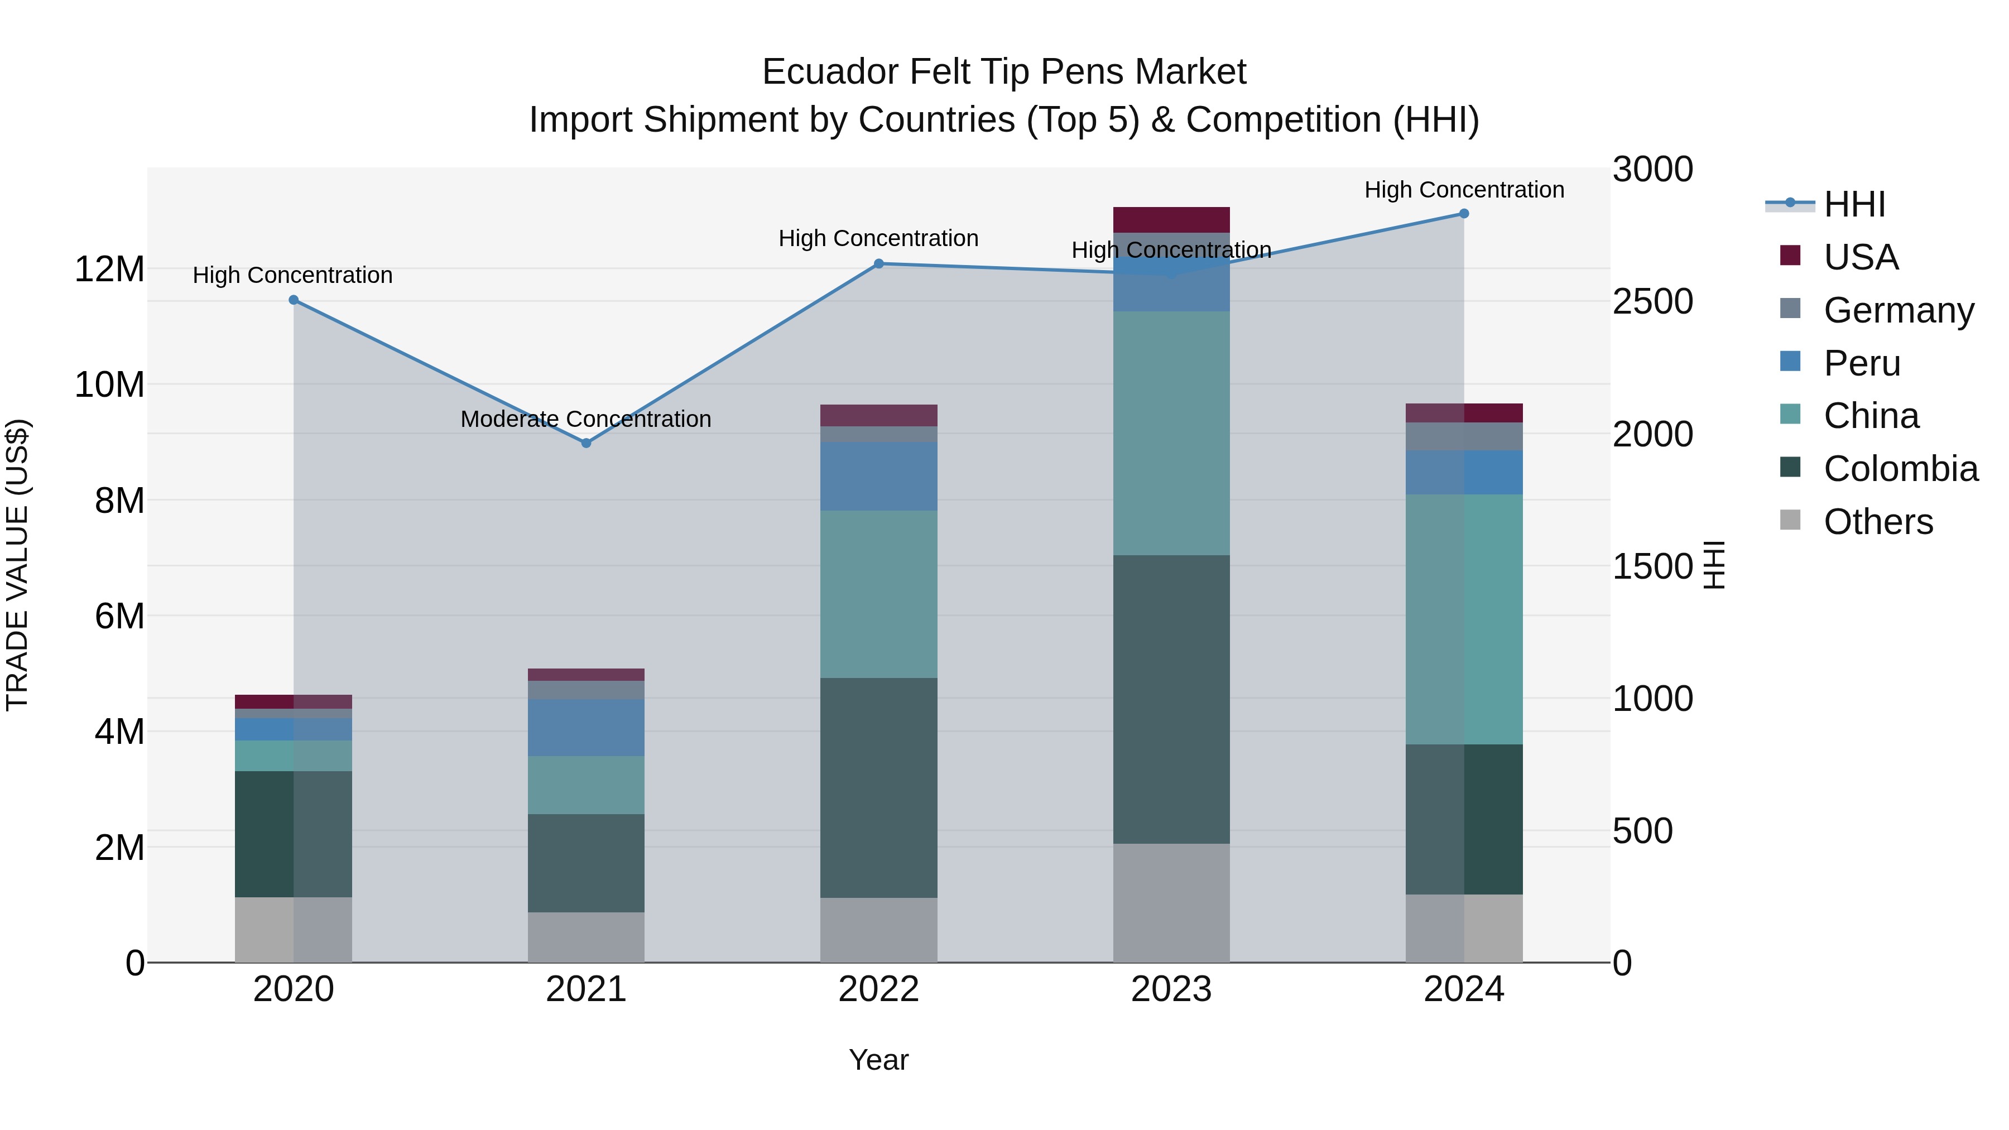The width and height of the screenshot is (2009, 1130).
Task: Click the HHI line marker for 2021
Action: click(587, 443)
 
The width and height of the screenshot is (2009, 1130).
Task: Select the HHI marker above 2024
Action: click(1464, 214)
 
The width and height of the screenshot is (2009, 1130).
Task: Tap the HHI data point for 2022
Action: click(879, 263)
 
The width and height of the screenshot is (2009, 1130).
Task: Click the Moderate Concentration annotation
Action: click(586, 420)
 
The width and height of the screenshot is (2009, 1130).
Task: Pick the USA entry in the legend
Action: click(1861, 257)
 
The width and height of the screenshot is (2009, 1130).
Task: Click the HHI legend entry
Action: click(1854, 204)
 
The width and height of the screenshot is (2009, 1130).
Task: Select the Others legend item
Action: click(1878, 522)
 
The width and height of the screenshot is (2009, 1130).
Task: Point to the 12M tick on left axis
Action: click(109, 269)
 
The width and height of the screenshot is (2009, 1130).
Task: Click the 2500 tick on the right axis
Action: click(1652, 302)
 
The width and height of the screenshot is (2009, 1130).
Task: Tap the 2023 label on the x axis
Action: click(1171, 989)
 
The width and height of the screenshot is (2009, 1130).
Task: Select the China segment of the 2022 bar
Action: click(879, 594)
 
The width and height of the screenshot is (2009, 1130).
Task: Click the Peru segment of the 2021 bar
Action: click(587, 728)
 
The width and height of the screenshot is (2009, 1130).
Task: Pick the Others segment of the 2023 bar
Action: click(1171, 902)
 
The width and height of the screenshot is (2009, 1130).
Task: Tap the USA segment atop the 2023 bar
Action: click(1171, 220)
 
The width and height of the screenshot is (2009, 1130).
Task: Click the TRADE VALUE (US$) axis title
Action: click(18, 565)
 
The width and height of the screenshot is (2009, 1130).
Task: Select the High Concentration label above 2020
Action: click(292, 275)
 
